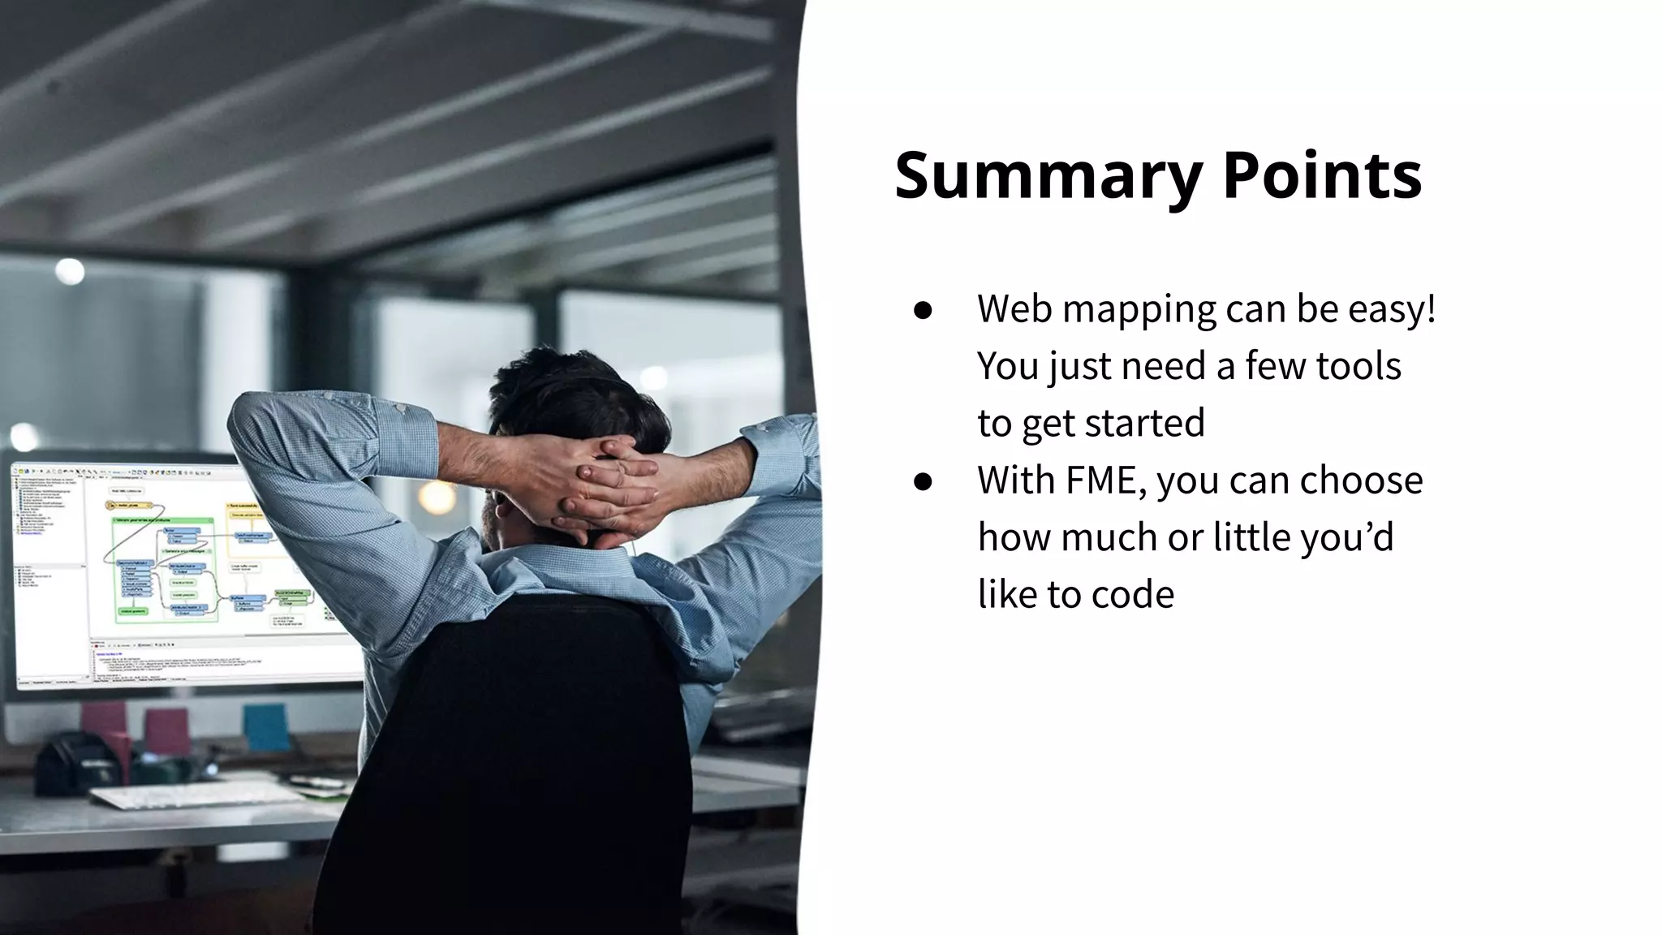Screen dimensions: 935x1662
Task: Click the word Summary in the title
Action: [1048, 175]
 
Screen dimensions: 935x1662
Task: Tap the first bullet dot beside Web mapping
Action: [923, 310]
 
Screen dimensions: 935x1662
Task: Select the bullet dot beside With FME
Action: [923, 481]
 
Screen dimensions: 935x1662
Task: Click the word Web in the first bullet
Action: [1015, 309]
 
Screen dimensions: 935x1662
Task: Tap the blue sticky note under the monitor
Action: [266, 726]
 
